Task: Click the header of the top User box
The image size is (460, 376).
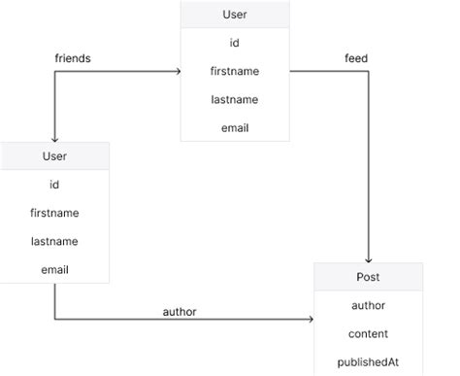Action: [235, 16]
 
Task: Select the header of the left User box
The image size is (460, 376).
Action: [54, 155]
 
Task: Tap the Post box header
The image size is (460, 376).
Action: [368, 277]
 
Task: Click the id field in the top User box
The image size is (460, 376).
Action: [235, 44]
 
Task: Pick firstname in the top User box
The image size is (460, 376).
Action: [235, 71]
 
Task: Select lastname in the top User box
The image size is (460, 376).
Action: [235, 99]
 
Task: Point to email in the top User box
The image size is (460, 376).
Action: [235, 126]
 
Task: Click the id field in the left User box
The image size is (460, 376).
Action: [54, 184]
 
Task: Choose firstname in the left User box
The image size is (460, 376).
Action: [54, 212]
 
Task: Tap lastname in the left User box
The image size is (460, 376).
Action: [54, 240]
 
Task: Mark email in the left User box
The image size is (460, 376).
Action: [54, 268]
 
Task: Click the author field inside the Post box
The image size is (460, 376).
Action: [368, 305]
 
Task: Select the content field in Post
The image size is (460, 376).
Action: [368, 333]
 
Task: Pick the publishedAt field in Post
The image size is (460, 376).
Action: [368, 361]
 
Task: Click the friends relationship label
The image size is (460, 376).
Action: [73, 58]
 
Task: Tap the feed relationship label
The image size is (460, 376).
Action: [355, 58]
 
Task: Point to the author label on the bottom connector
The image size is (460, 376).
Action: [181, 311]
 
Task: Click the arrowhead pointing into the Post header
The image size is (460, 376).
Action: [368, 258]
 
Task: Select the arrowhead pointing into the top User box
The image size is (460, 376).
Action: [177, 71]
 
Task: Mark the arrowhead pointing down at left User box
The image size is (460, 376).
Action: [54, 137]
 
